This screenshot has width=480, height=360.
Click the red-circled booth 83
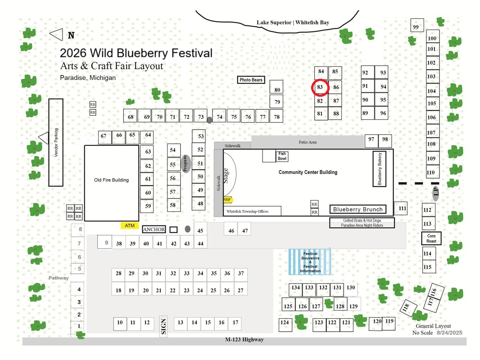320,87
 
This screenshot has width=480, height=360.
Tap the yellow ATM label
130,225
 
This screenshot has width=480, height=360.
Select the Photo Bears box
251,80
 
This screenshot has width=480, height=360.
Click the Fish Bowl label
282,156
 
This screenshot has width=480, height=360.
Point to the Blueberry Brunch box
358,209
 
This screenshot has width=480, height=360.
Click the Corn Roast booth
431,238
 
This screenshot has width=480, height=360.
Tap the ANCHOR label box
154,229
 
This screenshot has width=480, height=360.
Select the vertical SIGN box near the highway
163,326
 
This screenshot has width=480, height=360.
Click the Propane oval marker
186,164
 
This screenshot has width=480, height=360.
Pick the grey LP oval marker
436,193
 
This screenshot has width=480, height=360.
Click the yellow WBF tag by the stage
228,200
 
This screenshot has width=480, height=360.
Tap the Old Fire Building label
111,180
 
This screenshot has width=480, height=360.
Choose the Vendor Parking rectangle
56,143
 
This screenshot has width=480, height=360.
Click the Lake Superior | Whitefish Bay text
293,22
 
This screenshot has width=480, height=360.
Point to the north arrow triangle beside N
56,35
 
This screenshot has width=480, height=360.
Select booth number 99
417,25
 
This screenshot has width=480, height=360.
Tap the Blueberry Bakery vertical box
379,169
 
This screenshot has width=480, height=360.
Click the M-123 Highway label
245,339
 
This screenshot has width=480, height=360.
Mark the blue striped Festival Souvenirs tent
310,262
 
